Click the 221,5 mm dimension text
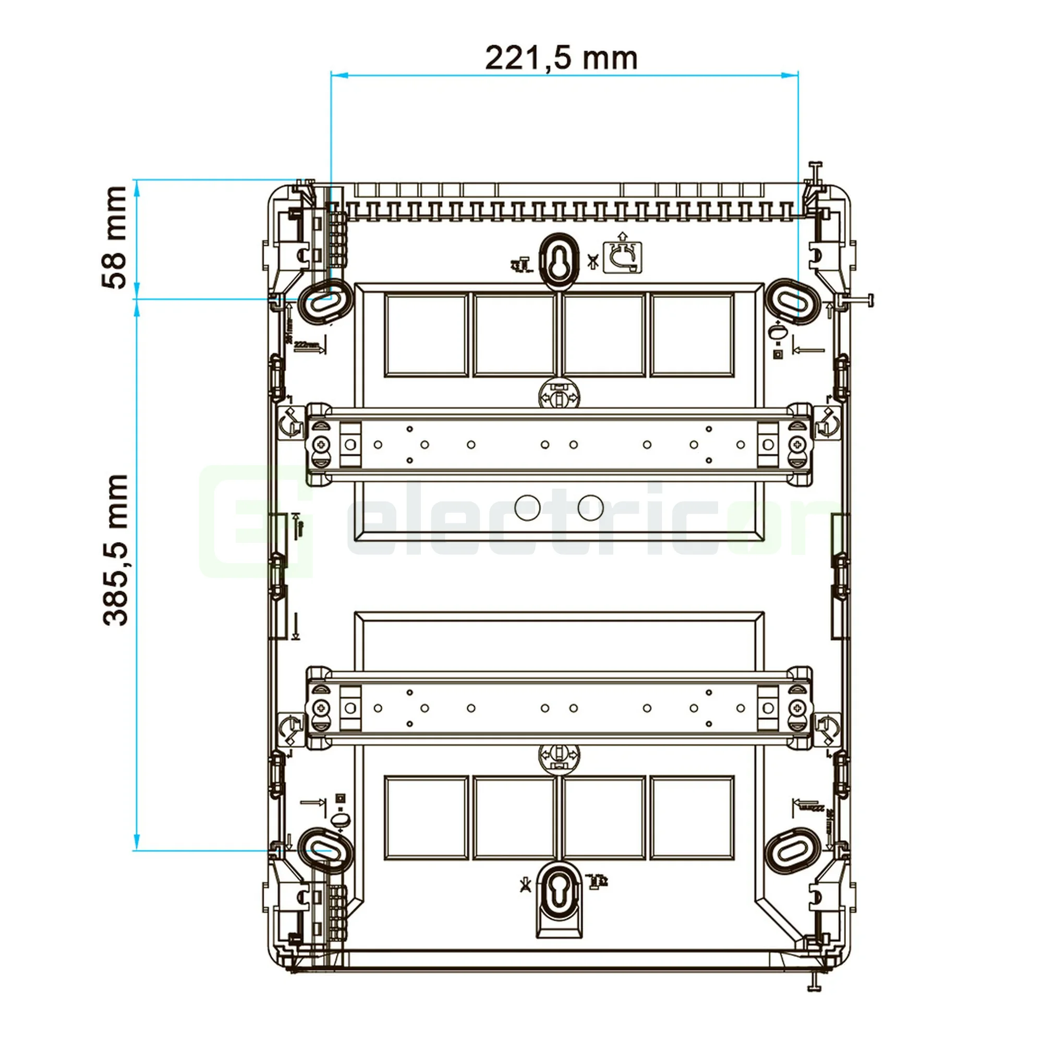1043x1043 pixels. pyautogui.click(x=561, y=58)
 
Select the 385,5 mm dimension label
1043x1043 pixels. pyautogui.click(x=116, y=550)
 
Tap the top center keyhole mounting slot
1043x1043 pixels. pyautogui.click(x=559, y=258)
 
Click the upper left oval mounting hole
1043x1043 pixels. pyautogui.click(x=324, y=301)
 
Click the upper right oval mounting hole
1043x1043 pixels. pyautogui.click(x=794, y=301)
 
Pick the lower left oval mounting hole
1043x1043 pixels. pyautogui.click(x=324, y=851)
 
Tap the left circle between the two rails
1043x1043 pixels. pyautogui.click(x=527, y=507)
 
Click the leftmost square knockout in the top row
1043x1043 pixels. pyautogui.click(x=426, y=335)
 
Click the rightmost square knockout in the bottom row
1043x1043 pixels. pyautogui.click(x=692, y=817)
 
